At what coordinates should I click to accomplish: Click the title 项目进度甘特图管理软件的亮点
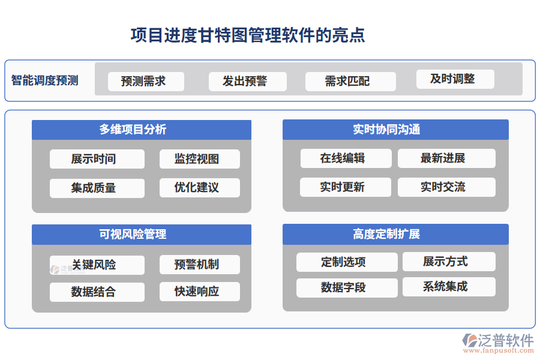[x=248, y=35]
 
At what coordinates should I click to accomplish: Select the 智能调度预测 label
[x=45, y=80]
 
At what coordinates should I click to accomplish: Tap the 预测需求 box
[x=146, y=81]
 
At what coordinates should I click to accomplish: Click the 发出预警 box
[x=247, y=81]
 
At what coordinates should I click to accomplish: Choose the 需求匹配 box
[x=350, y=81]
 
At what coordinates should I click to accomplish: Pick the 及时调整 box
[x=455, y=79]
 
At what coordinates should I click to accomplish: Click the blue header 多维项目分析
[x=141, y=130]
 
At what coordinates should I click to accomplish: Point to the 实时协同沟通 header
[x=395, y=129]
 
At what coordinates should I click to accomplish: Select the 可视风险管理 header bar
[x=141, y=234]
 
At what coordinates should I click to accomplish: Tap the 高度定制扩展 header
[x=395, y=234]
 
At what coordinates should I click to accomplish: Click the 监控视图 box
[x=199, y=159]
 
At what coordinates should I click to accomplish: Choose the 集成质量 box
[x=97, y=188]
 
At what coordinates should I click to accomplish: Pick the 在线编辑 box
[x=346, y=158]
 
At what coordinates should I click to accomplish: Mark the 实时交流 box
[x=446, y=187]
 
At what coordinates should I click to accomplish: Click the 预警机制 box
[x=199, y=265]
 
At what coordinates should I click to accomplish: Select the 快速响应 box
[x=199, y=292]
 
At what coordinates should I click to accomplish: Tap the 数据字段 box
[x=347, y=287]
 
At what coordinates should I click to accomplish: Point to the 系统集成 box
[x=449, y=286]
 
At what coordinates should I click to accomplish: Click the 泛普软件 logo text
[x=505, y=340]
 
